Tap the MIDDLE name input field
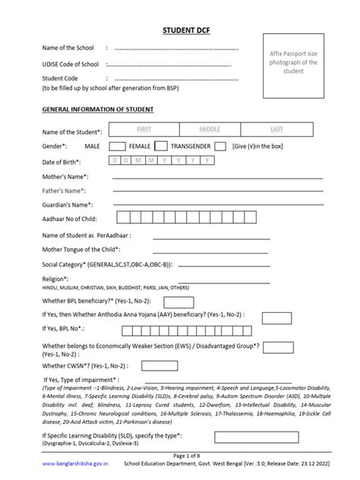coord(210,131)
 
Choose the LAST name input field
coord(276,131)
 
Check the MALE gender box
coord(118,146)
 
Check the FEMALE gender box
coord(161,146)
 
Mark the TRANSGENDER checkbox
coord(220,146)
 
